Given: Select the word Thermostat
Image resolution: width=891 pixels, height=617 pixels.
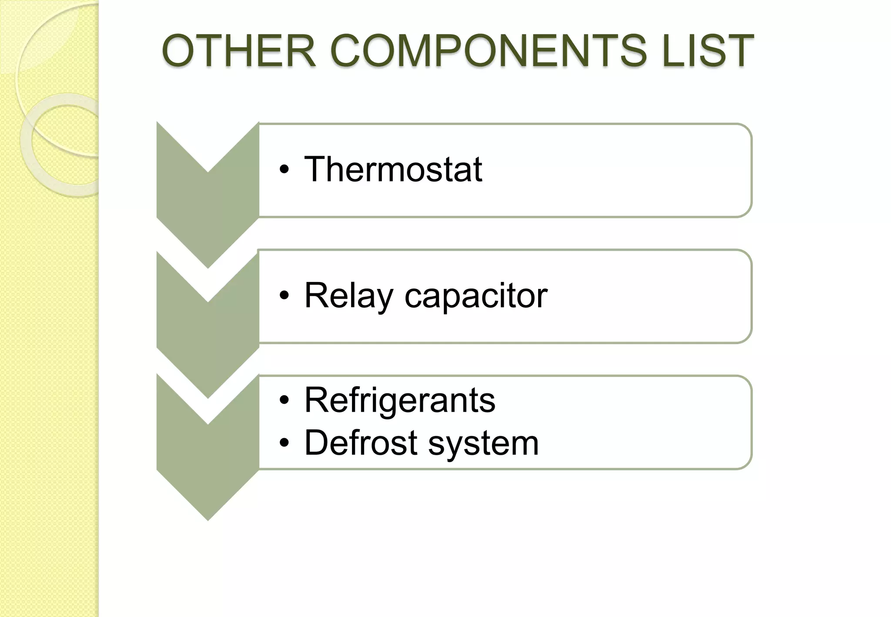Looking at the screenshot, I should coord(393,169).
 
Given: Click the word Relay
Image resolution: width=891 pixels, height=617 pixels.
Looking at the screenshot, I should coord(348,296).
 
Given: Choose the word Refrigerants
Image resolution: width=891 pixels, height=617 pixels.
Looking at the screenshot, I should coord(400,400).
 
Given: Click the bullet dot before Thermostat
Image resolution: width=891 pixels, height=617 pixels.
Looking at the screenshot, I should coord(284,170).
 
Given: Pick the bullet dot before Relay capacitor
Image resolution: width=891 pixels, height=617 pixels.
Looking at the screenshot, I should coord(284,296).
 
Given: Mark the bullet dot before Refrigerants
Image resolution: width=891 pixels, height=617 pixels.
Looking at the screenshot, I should coord(284,401).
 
